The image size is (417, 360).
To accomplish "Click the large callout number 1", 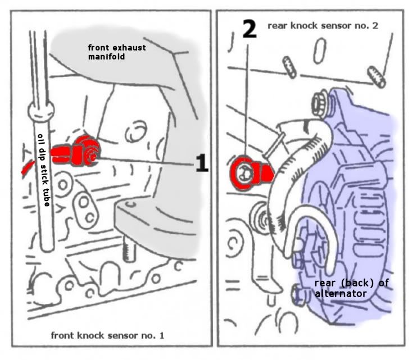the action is pyautogui.click(x=202, y=163).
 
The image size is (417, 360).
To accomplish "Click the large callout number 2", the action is pyautogui.click(x=250, y=29).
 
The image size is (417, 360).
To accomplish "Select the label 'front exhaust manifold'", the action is pyautogui.click(x=117, y=52).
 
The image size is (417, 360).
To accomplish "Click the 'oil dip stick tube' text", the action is pyautogui.click(x=44, y=170).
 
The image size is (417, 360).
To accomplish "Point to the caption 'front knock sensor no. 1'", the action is pyautogui.click(x=107, y=335).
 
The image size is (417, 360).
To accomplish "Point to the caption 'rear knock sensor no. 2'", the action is pyautogui.click(x=323, y=25).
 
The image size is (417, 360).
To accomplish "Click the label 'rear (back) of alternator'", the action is pyautogui.click(x=351, y=288).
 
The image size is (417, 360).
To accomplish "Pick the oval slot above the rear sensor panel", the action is pyautogui.click(x=319, y=51).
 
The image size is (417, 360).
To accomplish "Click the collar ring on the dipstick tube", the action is pyautogui.click(x=40, y=112).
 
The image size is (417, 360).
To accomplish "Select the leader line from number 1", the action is pyautogui.click(x=147, y=162).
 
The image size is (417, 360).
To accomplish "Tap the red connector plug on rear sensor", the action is pyautogui.click(x=265, y=174).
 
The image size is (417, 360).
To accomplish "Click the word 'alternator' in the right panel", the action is pyautogui.click(x=341, y=294).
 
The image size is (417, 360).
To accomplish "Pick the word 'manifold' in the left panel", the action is pyautogui.click(x=106, y=57).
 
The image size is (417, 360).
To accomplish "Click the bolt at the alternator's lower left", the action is pyautogui.click(x=297, y=294).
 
